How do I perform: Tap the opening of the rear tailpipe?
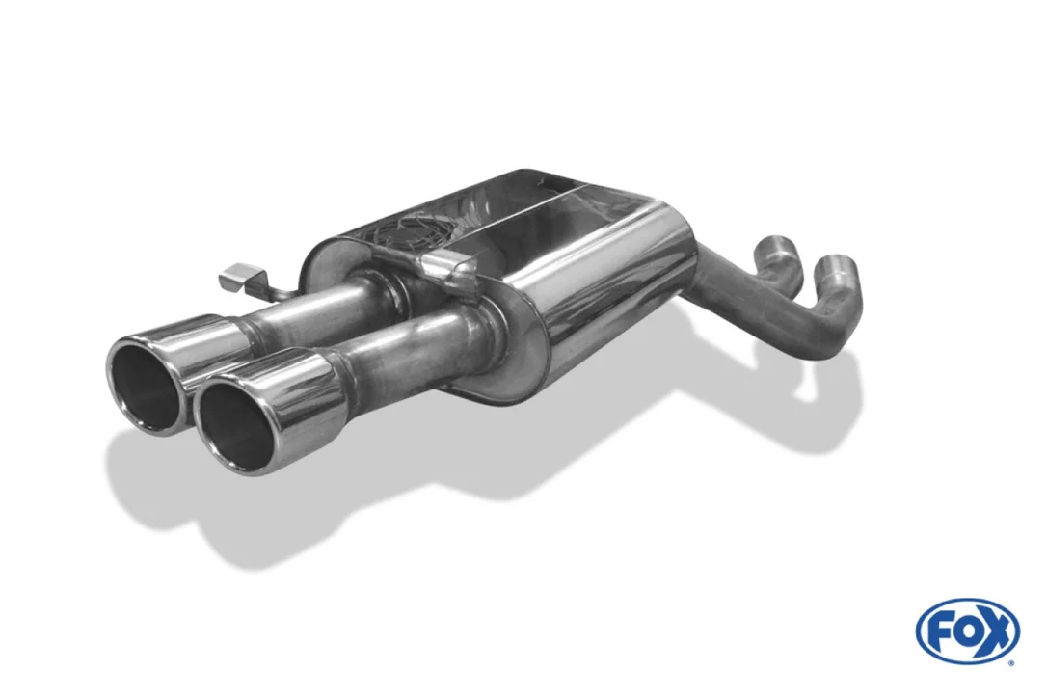point(146,386)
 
